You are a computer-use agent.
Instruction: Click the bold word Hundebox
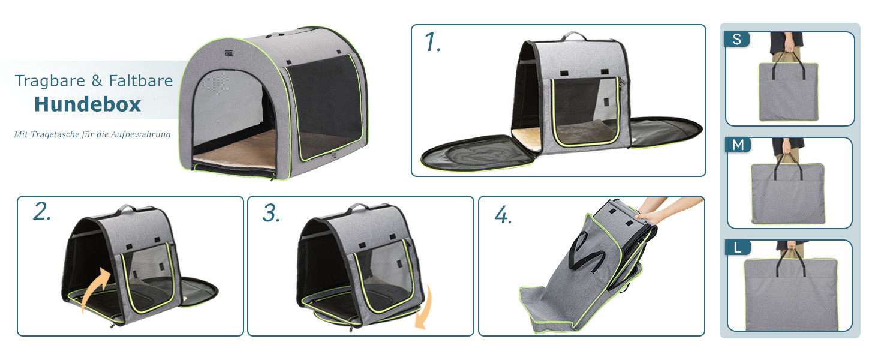(x=88, y=104)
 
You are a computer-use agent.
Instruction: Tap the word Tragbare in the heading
(x=50, y=81)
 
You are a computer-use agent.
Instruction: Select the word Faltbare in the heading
(x=141, y=80)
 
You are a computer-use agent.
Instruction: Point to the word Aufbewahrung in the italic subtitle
(x=140, y=134)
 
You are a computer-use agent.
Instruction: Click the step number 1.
(x=432, y=41)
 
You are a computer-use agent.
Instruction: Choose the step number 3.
(x=271, y=213)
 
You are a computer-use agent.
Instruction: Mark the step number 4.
(x=503, y=215)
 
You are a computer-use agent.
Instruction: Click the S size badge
(x=737, y=39)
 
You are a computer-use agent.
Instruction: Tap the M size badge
(x=738, y=145)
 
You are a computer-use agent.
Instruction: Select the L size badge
(x=738, y=247)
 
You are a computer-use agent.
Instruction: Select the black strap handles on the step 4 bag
(x=586, y=251)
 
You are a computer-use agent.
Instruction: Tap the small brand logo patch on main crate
(x=229, y=53)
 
